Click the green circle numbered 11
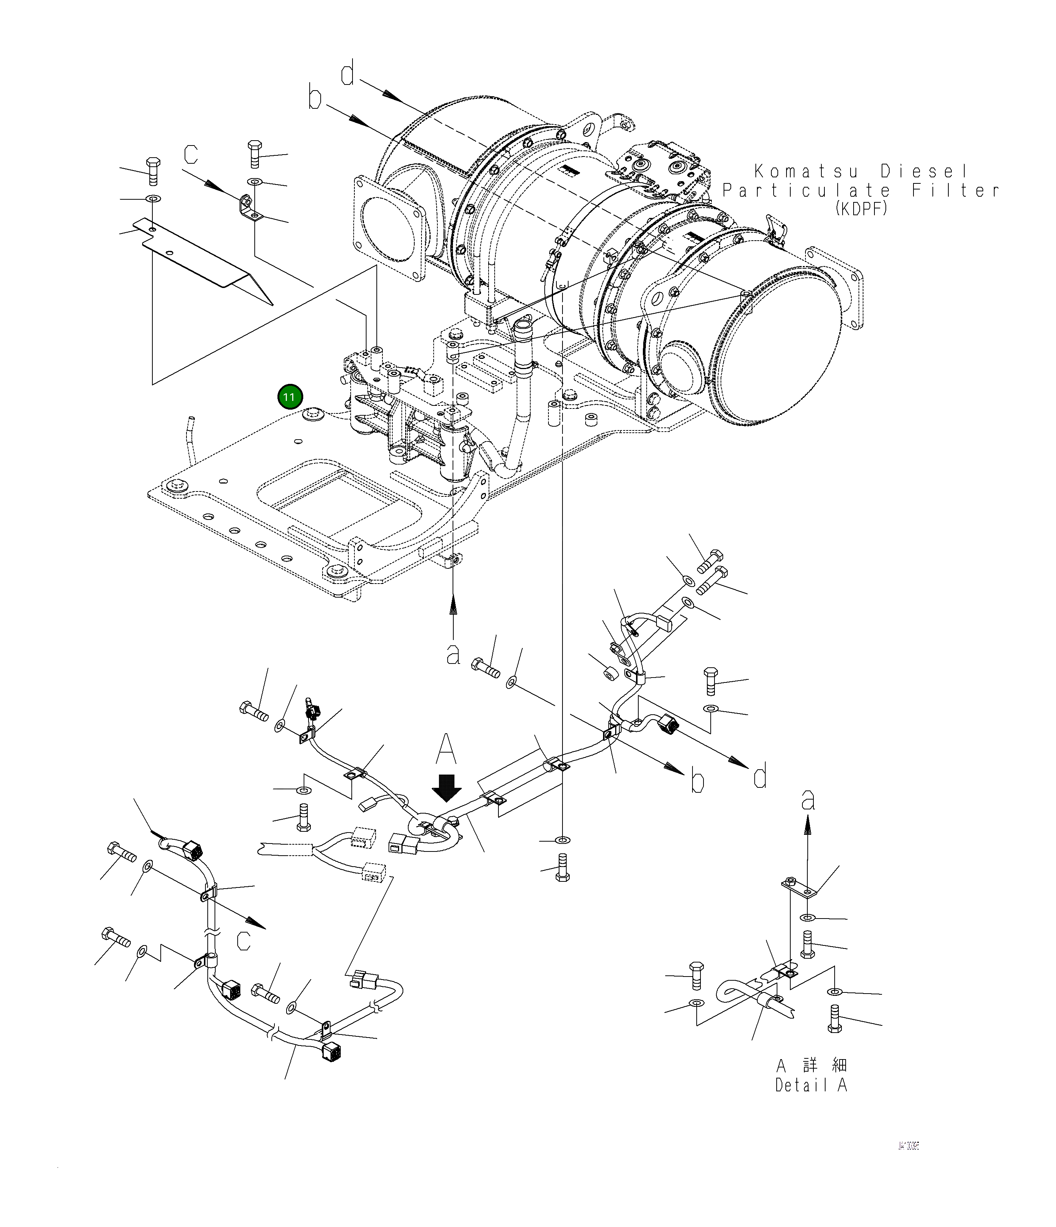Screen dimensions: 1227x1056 coord(290,397)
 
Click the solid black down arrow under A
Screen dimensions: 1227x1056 coord(447,787)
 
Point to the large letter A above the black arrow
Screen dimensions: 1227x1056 coord(446,750)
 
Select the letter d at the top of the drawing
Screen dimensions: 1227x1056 coord(348,74)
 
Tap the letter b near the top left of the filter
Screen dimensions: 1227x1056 coord(315,98)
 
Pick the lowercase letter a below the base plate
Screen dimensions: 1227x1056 coord(453,654)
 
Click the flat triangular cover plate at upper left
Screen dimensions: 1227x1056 coord(201,255)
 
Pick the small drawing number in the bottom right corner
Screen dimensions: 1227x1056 coord(908,1163)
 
